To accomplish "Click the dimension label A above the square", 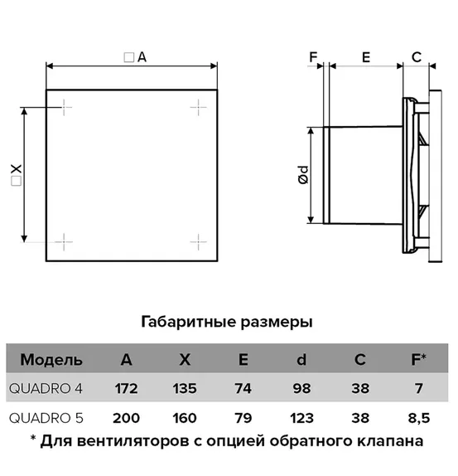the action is (142, 57).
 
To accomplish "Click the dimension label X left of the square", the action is (16, 169).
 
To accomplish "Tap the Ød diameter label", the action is (303, 175).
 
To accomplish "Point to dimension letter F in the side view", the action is (313, 57).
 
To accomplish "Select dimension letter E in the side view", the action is (366, 57).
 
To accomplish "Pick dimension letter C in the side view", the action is (417, 57).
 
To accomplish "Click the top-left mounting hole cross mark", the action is (64, 107).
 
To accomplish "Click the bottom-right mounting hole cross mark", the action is (198, 242).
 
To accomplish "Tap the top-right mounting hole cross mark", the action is (198, 107).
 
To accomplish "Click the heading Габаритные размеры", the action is (227, 322).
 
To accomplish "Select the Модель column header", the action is (51, 360).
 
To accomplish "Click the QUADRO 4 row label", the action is (46, 389).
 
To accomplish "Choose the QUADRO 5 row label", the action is (46, 418).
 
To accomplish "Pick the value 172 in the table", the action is (127, 389).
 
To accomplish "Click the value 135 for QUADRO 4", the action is (185, 389).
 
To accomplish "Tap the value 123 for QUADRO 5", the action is (301, 418).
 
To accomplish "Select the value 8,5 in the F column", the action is (419, 418).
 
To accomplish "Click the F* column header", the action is (418, 359).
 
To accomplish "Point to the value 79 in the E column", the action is (243, 418).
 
